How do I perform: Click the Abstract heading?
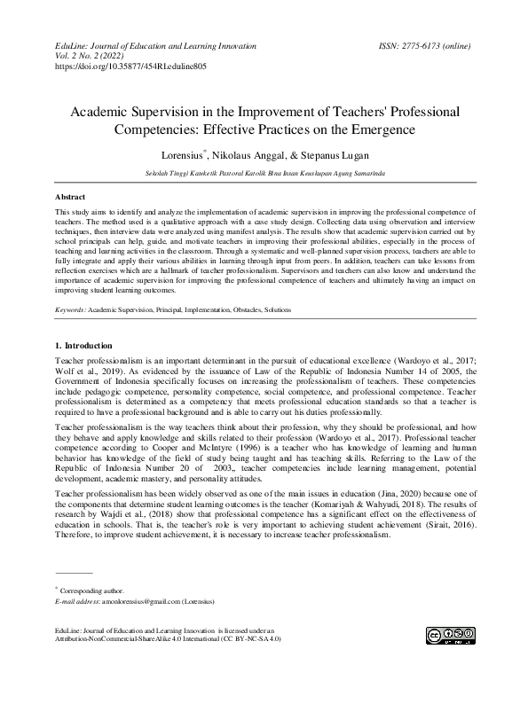point(70,196)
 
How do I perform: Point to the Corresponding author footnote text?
point(92,590)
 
